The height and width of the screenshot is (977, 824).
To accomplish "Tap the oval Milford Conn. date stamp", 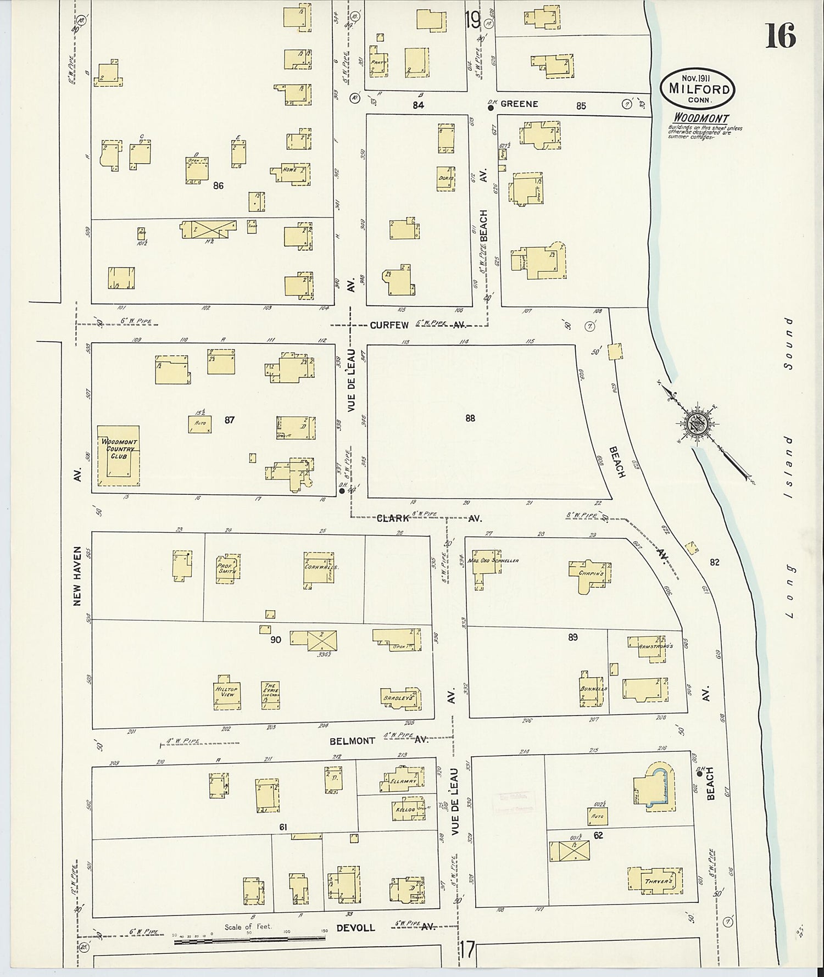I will (x=698, y=88).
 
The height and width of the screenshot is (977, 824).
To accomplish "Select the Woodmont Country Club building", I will (x=119, y=455).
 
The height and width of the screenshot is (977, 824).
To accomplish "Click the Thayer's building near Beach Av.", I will (x=658, y=881).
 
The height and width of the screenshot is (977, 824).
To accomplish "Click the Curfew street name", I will (x=389, y=325).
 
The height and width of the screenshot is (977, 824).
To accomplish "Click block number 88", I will (x=470, y=418).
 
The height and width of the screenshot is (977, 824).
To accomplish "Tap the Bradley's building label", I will (x=397, y=697).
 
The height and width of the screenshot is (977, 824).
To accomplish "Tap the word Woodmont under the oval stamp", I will (x=702, y=119).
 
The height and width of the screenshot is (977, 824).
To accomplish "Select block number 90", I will (x=275, y=639).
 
